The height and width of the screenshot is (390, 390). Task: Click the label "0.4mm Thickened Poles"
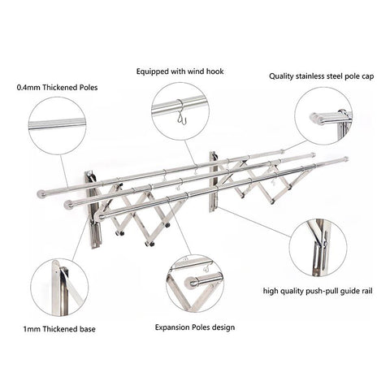[57, 88]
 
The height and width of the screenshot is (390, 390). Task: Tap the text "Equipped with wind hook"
[180, 71]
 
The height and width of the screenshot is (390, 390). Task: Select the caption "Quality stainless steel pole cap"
[322, 76]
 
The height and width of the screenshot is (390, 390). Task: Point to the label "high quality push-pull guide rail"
[318, 291]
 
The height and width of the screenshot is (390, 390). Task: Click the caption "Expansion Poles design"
[195, 327]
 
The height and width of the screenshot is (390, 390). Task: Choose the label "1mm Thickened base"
[59, 329]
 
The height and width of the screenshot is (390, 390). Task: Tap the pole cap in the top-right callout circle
[315, 119]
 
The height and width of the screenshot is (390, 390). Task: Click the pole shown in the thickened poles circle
[57, 123]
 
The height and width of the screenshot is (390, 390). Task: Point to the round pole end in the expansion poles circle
[192, 283]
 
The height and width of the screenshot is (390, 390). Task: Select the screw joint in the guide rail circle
[324, 245]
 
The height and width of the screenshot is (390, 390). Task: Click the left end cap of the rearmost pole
[41, 194]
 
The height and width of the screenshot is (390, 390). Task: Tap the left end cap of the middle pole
[69, 205]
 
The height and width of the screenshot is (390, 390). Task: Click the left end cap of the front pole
[100, 216]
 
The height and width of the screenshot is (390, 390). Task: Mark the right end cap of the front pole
[346, 158]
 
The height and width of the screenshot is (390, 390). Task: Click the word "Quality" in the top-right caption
[281, 76]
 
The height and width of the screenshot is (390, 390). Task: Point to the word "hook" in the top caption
[215, 71]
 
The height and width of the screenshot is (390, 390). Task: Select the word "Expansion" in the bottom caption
[172, 327]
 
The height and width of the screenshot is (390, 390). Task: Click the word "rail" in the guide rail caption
[367, 291]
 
